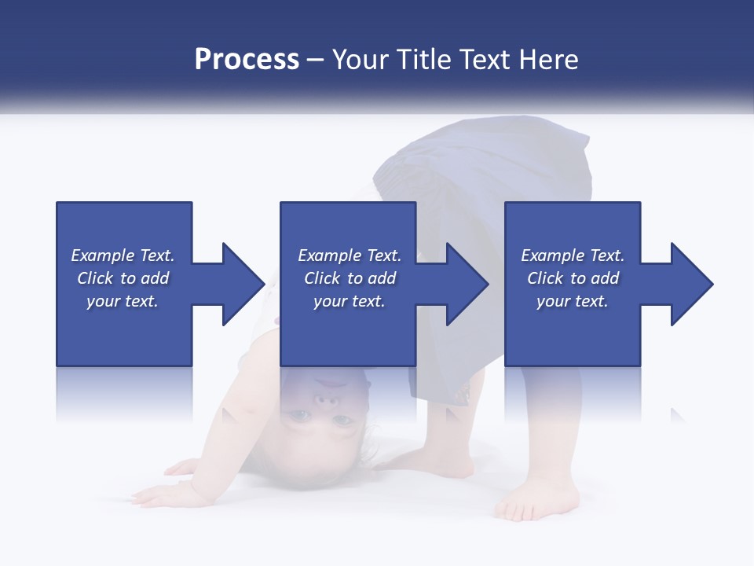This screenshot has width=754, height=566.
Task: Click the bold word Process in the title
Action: point(247,61)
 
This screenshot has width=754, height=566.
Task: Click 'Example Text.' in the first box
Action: point(123,255)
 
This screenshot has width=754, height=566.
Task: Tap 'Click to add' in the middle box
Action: point(350,278)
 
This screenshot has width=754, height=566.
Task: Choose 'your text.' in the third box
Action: point(573,301)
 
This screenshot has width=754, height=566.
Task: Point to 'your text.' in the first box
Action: point(123,301)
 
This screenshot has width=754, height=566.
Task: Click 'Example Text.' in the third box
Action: point(573,255)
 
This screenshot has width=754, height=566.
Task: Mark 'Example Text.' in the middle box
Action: point(350,255)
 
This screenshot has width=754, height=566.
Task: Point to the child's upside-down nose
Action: point(328,401)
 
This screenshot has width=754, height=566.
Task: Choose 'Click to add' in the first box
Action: point(123,278)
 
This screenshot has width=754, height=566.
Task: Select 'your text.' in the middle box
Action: point(350,301)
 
